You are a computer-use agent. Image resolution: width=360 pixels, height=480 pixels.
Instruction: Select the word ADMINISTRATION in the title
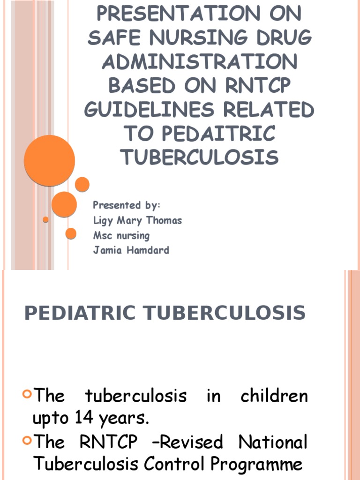coord(200,62)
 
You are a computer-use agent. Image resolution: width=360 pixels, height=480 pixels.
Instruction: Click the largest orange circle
coord(49,160)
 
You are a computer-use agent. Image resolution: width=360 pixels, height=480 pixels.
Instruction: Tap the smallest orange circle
coord(45,219)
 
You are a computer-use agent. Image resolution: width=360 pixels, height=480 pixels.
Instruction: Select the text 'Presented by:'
coord(127,205)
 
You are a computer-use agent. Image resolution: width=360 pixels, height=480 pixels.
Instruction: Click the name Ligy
coord(103,221)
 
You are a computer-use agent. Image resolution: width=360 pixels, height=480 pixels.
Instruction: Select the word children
coord(274,396)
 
